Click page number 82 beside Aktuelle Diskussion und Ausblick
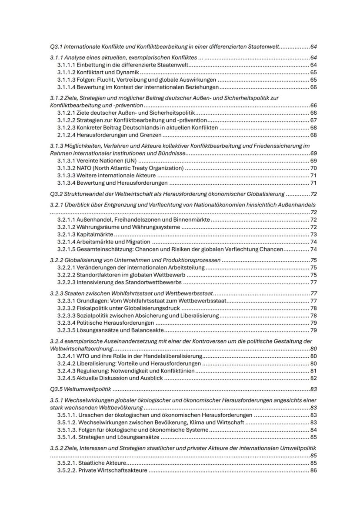point(313,378)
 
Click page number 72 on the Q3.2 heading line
point(313,194)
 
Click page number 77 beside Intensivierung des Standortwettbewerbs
point(313,282)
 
